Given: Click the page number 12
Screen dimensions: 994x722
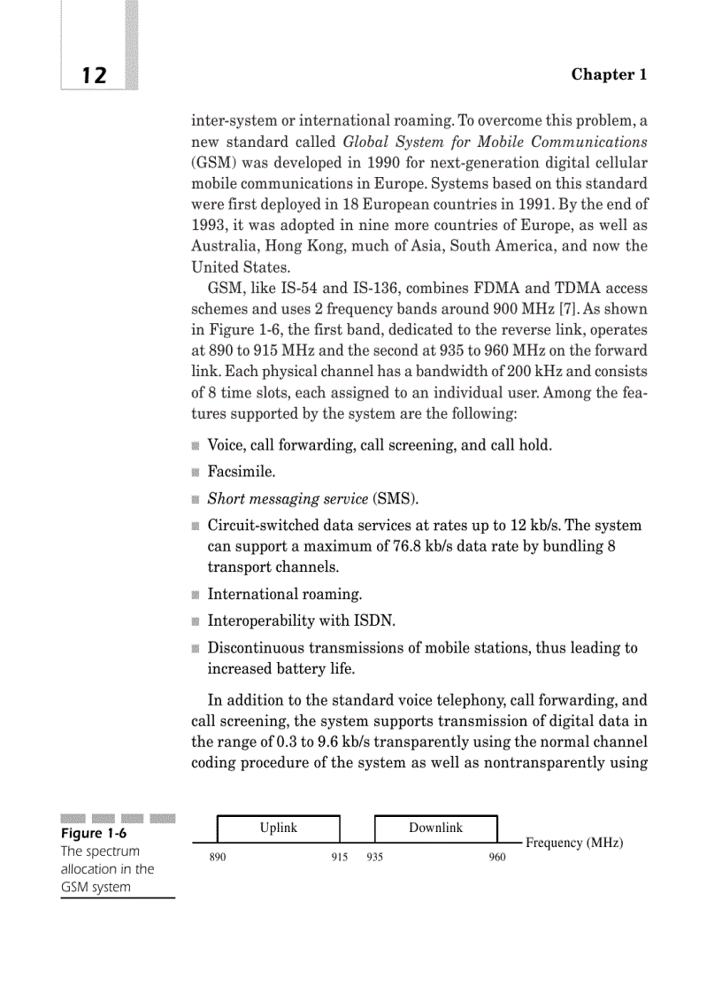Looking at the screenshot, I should pyautogui.click(x=94, y=76).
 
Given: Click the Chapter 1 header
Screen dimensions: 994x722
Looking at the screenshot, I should pyautogui.click(x=609, y=74).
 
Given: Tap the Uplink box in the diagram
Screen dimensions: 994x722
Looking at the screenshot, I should pyautogui.click(x=278, y=828).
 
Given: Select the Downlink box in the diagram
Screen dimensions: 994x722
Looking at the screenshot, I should pyautogui.click(x=435, y=828).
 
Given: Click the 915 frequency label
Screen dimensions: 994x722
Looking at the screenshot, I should pyautogui.click(x=340, y=858).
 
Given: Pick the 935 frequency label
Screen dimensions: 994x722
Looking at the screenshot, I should pyautogui.click(x=374, y=858).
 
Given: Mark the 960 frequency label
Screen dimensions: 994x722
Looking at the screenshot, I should pyautogui.click(x=497, y=858).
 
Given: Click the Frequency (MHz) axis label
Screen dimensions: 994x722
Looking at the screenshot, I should pyautogui.click(x=574, y=843).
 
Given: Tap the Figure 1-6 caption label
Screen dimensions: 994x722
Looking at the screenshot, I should pyautogui.click(x=94, y=833).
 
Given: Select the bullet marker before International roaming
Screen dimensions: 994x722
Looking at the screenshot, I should pyautogui.click(x=196, y=595).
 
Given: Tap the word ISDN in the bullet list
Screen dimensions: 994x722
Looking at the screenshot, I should pyautogui.click(x=372, y=621).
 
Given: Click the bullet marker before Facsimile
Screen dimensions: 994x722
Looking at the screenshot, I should pyautogui.click(x=196, y=473).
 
